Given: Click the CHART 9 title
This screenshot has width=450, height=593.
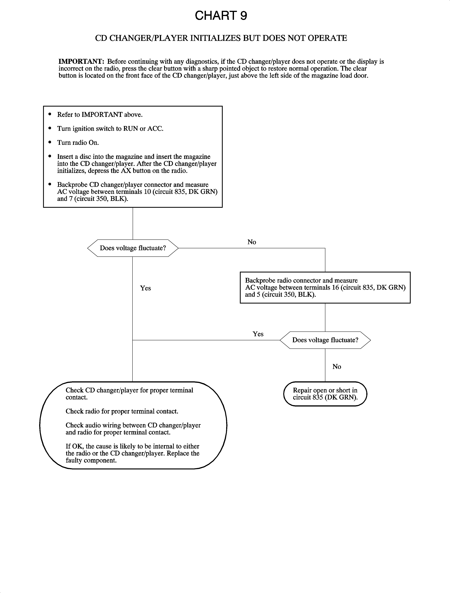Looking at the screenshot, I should point(221,16).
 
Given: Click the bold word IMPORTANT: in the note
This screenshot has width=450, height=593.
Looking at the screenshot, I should point(81,61).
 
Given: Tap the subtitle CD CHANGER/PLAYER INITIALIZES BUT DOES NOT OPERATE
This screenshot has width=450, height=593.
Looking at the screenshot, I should point(221,38).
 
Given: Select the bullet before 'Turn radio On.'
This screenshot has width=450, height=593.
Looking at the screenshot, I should point(50,142).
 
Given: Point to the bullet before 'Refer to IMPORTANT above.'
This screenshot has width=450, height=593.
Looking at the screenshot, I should point(50,114).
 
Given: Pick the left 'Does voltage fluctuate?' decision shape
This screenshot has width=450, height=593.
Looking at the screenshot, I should point(133,248).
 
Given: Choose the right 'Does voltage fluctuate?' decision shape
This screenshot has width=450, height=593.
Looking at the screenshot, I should point(325,340).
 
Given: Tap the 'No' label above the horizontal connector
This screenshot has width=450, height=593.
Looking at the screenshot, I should point(252,242).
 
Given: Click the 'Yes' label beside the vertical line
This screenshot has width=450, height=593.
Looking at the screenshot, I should point(145,288).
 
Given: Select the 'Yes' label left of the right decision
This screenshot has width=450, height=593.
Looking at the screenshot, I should point(258,334).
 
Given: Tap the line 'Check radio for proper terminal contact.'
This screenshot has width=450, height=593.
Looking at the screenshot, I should point(122,411).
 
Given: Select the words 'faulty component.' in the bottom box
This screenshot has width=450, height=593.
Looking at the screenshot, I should point(91,460).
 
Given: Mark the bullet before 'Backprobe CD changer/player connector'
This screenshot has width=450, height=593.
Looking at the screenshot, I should point(50,184).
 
